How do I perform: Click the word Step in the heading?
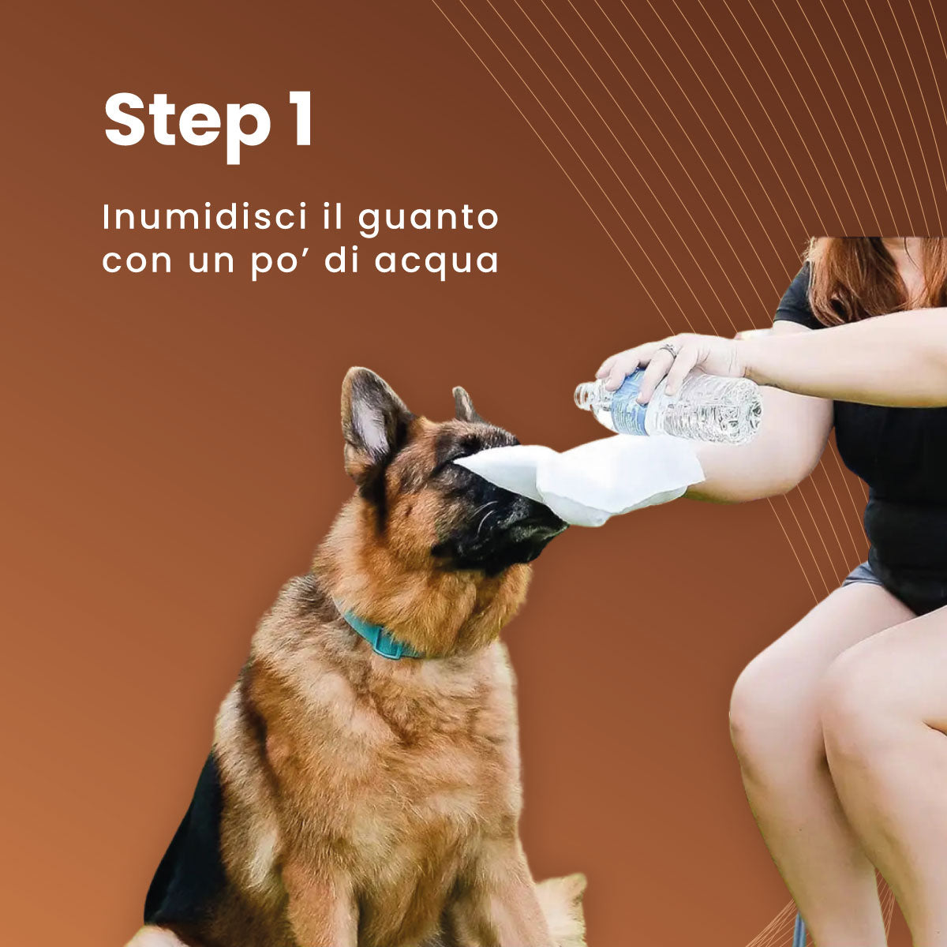click(186, 120)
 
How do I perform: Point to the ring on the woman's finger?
click(668, 350)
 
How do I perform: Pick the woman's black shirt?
click(892, 489)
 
